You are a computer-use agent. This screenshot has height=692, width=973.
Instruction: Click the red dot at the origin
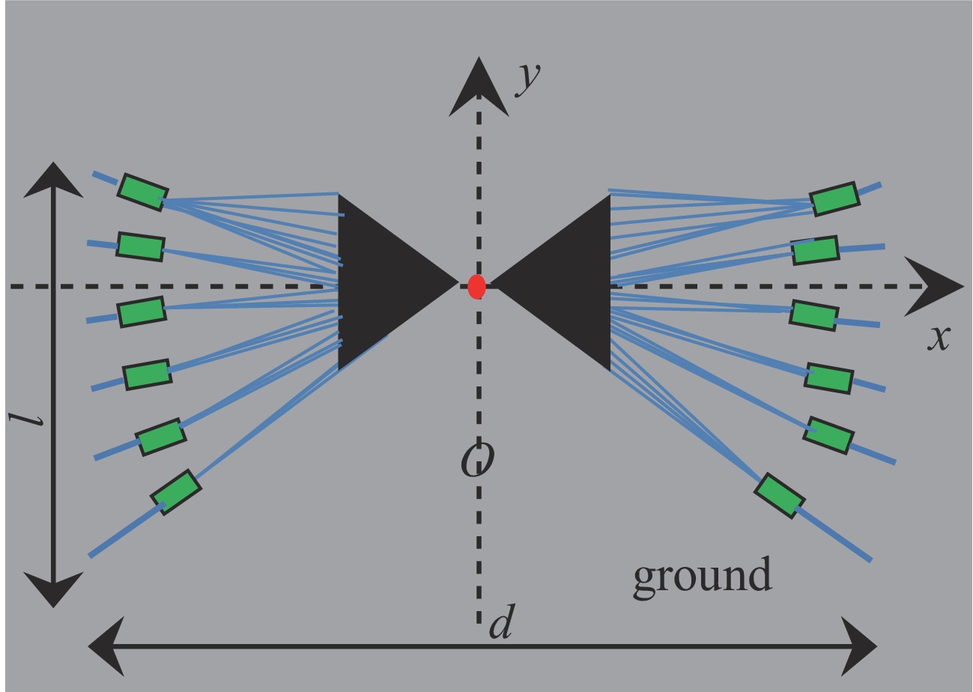point(476,286)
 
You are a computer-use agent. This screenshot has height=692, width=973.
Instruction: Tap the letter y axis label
point(528,77)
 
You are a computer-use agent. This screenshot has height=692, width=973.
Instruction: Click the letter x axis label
point(939,337)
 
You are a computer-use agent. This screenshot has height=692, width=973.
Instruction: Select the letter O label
point(477,460)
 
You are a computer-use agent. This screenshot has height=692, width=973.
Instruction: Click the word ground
point(702,575)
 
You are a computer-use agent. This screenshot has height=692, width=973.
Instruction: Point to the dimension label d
point(501,624)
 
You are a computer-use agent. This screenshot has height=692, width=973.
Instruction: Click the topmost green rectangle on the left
point(142,192)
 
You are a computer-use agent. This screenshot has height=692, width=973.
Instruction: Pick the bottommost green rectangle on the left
point(176,492)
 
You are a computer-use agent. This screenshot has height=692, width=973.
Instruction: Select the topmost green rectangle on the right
point(834,198)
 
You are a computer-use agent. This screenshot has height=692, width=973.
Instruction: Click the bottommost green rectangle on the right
point(779,495)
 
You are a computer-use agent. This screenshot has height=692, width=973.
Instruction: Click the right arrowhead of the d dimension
point(858,646)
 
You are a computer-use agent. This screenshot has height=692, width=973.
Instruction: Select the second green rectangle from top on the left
point(140,246)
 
